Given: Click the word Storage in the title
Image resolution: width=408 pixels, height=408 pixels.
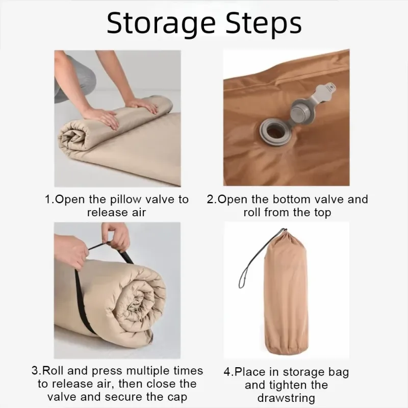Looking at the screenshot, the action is click(161, 24).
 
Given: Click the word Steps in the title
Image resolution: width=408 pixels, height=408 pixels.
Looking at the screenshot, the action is click(263, 24).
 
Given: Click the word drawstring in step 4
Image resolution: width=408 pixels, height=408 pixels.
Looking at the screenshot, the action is click(286, 398).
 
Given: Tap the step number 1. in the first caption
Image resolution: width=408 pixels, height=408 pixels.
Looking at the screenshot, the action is click(50, 199).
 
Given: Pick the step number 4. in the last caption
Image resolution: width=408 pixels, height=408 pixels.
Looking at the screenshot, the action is click(229, 372).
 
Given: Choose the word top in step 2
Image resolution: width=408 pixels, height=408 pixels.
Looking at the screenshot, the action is click(323, 213).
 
